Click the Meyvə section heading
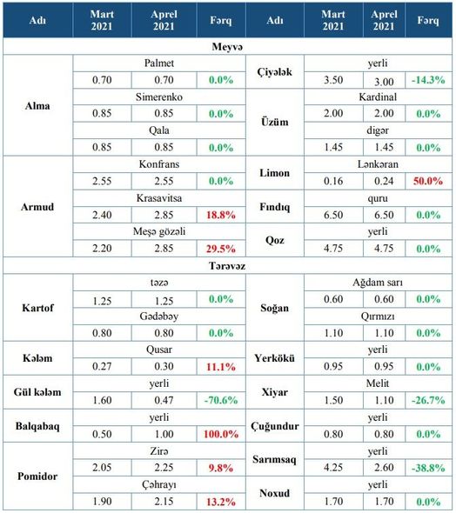[227, 46]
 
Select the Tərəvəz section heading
[227, 266]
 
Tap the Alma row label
[37, 106]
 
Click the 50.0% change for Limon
[428, 181]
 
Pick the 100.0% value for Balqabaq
[221, 434]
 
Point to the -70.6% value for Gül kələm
[221, 400]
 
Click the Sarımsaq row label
[274, 460]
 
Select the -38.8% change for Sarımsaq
[428, 468]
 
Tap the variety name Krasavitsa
[159, 198]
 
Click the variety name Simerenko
[159, 97]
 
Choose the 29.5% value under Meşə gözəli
[221, 249]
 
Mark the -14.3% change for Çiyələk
[428, 80]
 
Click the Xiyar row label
[275, 392]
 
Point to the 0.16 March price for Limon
[333, 181]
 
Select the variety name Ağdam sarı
[378, 283]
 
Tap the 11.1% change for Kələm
[221, 367]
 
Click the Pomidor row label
[37, 476]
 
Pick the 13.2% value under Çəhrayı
[221, 502]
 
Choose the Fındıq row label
[275, 207]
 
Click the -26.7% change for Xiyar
[428, 400]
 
